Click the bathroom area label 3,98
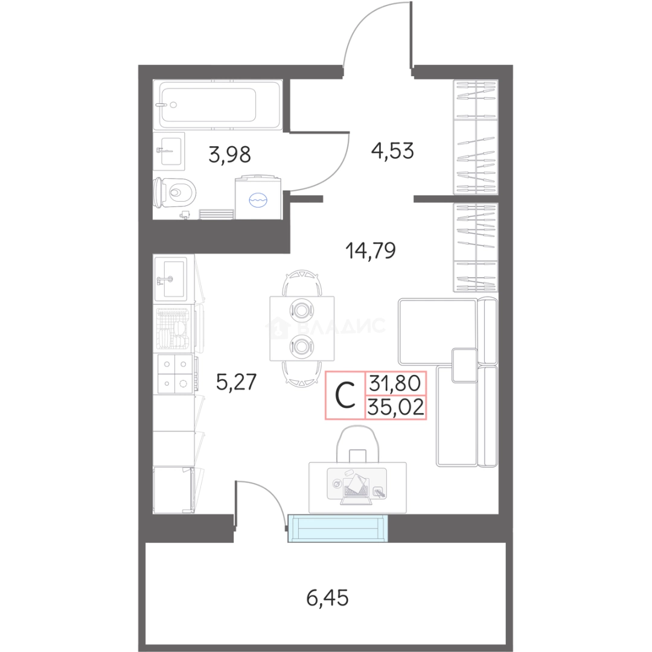(229, 155)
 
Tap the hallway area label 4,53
(392, 150)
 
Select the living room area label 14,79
(371, 251)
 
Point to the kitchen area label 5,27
(236, 382)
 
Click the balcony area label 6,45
(327, 598)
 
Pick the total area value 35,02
(396, 407)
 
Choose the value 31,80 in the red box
(395, 383)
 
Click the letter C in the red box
(345, 395)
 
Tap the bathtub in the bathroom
(217, 105)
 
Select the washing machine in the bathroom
(258, 197)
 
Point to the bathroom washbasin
(169, 152)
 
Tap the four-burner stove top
(175, 374)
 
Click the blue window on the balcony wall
(337, 528)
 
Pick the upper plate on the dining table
(302, 310)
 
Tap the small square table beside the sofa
(464, 365)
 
